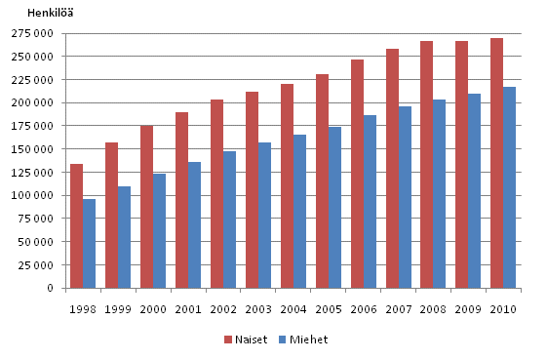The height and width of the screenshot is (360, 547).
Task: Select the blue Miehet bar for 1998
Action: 89,244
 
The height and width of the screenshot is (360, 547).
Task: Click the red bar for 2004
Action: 287,186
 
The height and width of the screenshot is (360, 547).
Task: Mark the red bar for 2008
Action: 426,165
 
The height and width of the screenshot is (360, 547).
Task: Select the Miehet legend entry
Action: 306,340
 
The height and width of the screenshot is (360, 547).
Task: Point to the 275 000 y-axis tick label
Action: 33,33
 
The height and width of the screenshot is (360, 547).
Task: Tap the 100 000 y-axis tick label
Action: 33,196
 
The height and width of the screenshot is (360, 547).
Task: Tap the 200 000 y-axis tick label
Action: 33,103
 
